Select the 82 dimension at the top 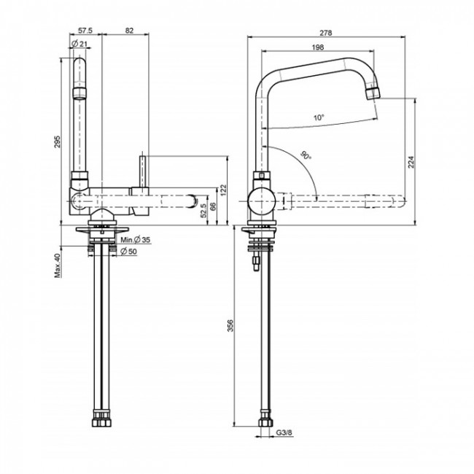129,31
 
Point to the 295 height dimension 58,143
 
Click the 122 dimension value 225,189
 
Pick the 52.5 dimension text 203,211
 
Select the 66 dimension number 213,207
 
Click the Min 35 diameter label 135,240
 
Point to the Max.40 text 58,265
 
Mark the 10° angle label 319,117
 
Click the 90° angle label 304,155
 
